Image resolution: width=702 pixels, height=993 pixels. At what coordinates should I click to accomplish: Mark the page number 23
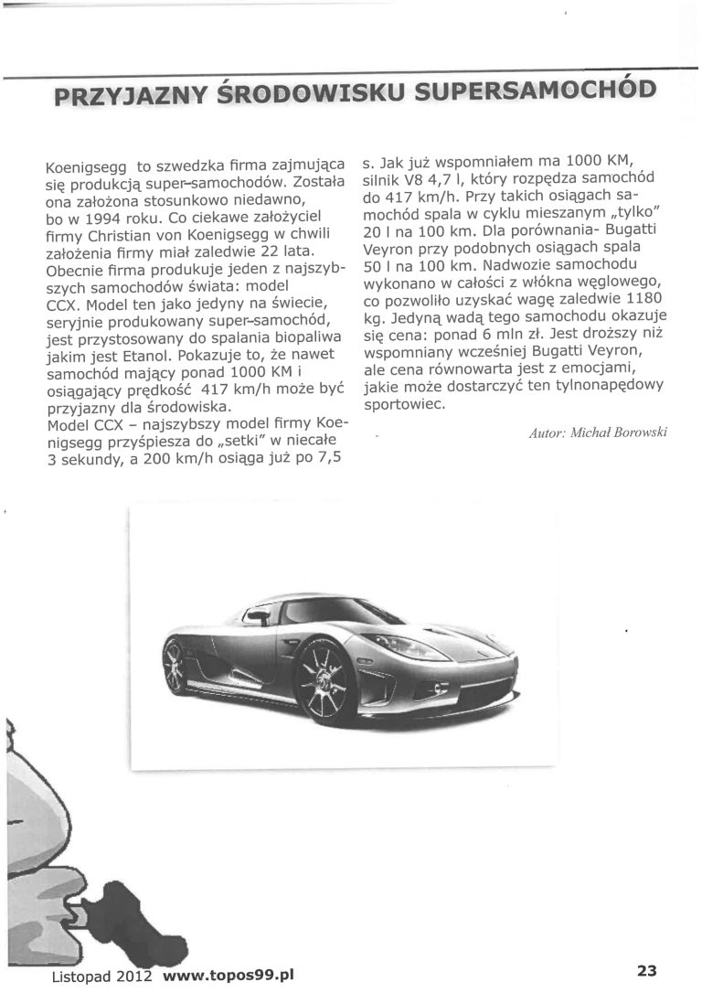[648, 970]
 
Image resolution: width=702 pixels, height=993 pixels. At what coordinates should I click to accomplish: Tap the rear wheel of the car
[176, 665]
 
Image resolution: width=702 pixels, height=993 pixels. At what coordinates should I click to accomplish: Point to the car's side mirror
[259, 618]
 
